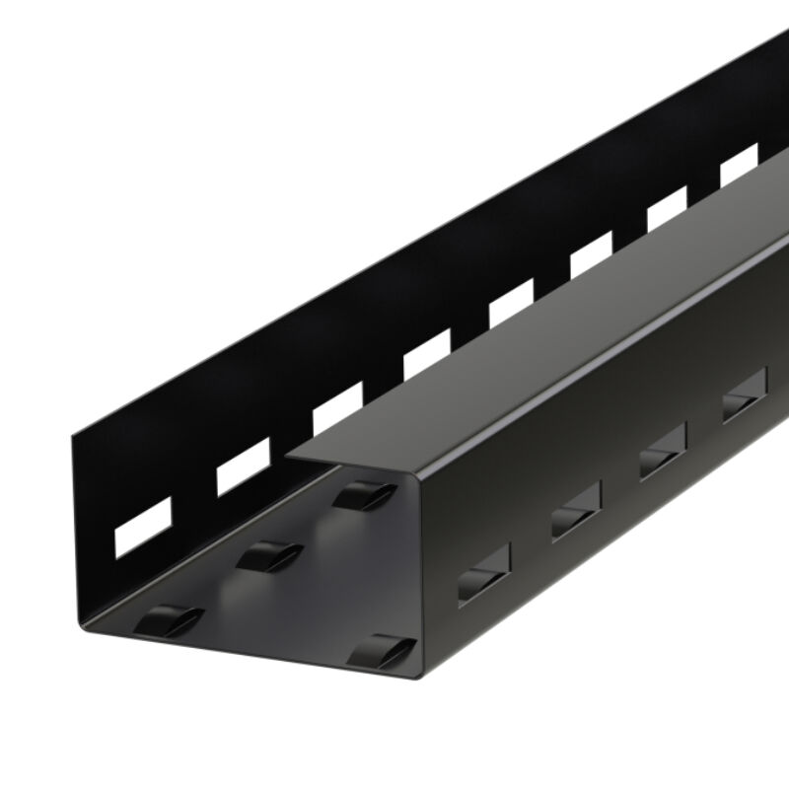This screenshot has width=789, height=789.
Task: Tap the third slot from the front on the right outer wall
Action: point(663,455)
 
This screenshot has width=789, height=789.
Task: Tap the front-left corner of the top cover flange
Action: point(288,455)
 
